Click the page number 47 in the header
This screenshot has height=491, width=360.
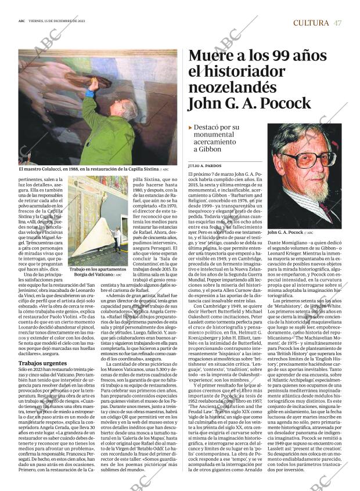click(x=337, y=23)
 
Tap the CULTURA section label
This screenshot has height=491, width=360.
click(x=311, y=23)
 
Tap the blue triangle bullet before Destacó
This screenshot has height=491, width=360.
click(x=190, y=127)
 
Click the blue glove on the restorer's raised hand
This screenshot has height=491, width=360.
click(x=90, y=93)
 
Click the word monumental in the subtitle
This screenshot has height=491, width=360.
click(x=218, y=135)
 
